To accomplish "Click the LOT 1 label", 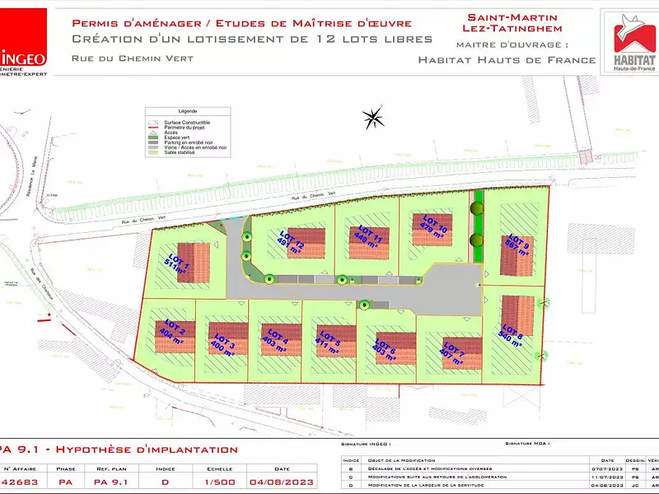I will pyautogui.click(x=177, y=257).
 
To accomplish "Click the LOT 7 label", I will pyautogui.click(x=452, y=351).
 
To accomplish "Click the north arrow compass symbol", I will pyautogui.click(x=373, y=118).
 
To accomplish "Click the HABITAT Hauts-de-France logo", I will pyautogui.click(x=628, y=41).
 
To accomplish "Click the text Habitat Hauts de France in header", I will pyautogui.click(x=507, y=59).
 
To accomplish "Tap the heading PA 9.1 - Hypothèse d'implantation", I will pyautogui.click(x=119, y=450).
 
